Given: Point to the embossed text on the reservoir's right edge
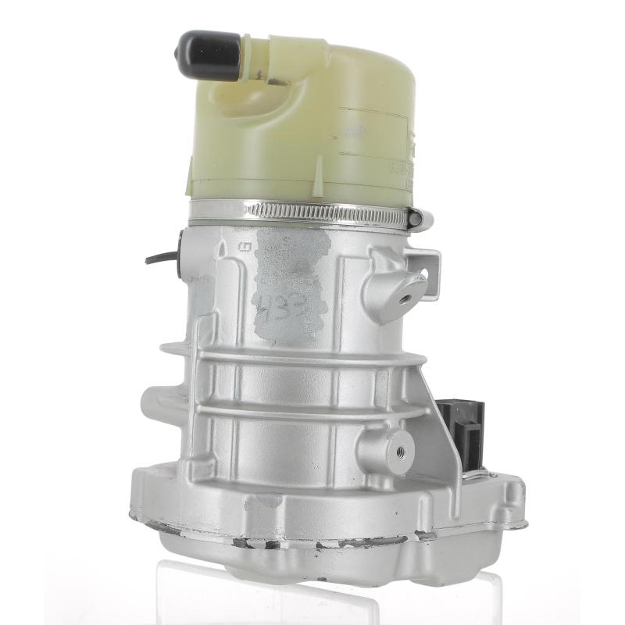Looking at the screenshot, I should [407, 164].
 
